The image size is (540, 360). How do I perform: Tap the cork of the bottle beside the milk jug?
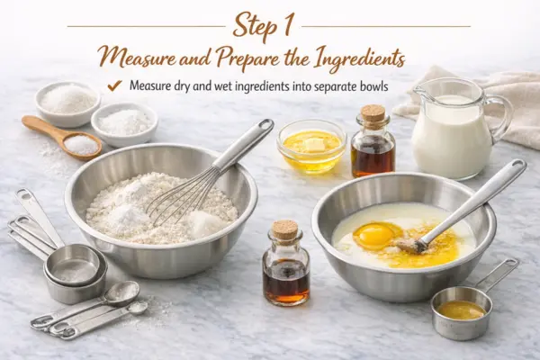click(x=373, y=112)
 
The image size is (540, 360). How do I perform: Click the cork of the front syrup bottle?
click(x=284, y=228)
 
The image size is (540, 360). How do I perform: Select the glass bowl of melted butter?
click(x=311, y=147)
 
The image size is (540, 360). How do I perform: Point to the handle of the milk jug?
click(x=503, y=119)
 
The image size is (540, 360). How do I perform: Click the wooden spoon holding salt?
click(x=62, y=138)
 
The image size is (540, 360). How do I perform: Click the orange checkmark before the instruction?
click(x=114, y=85)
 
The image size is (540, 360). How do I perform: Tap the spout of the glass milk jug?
click(x=419, y=91)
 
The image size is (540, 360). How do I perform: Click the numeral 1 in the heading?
click(x=288, y=26)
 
